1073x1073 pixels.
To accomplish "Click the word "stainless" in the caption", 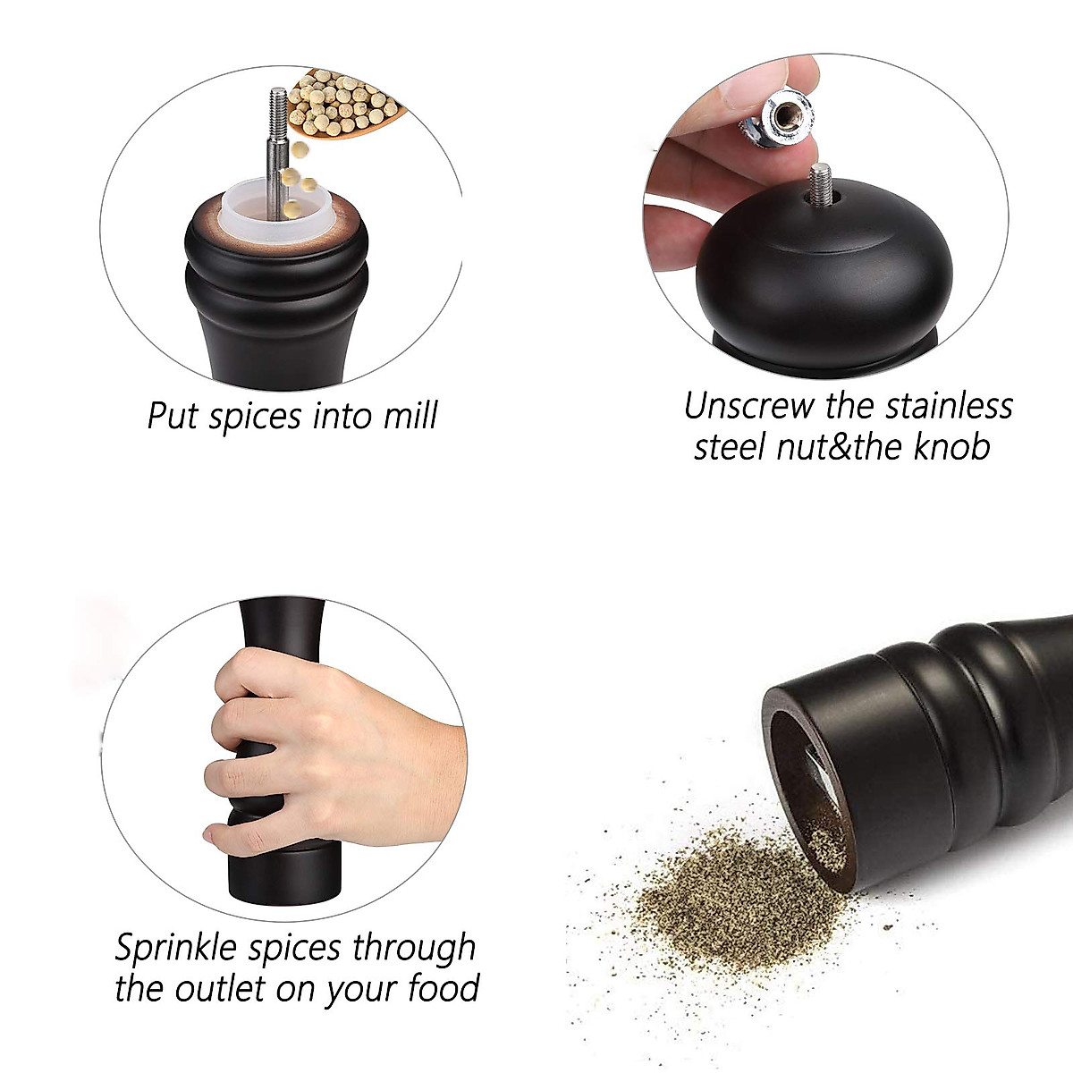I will click(x=950, y=406).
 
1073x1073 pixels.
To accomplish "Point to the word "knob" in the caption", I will click(x=951, y=446).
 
